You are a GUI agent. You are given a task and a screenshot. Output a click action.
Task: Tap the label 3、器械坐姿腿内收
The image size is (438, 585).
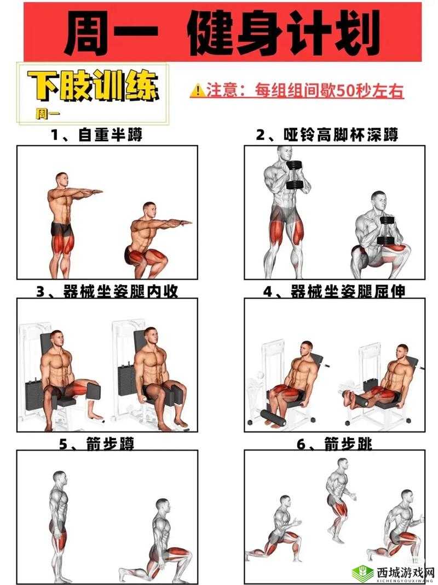click(107, 292)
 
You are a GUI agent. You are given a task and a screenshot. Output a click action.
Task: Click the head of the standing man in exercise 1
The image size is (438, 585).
click(61, 180)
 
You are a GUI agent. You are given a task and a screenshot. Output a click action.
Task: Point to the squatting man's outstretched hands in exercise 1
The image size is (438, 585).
click(183, 223)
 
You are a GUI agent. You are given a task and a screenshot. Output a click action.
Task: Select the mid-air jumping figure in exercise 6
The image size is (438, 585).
click(338, 493)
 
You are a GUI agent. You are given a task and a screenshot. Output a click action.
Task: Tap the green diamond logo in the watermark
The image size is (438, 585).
click(362, 569)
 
